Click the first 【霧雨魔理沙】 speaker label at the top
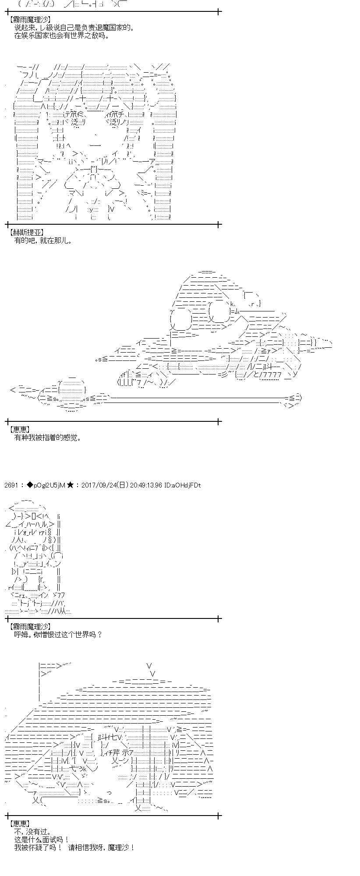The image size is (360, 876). [29, 20]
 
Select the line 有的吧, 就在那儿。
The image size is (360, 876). [43, 240]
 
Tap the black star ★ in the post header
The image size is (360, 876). [70, 485]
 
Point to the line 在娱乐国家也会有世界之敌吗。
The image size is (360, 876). [62, 36]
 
